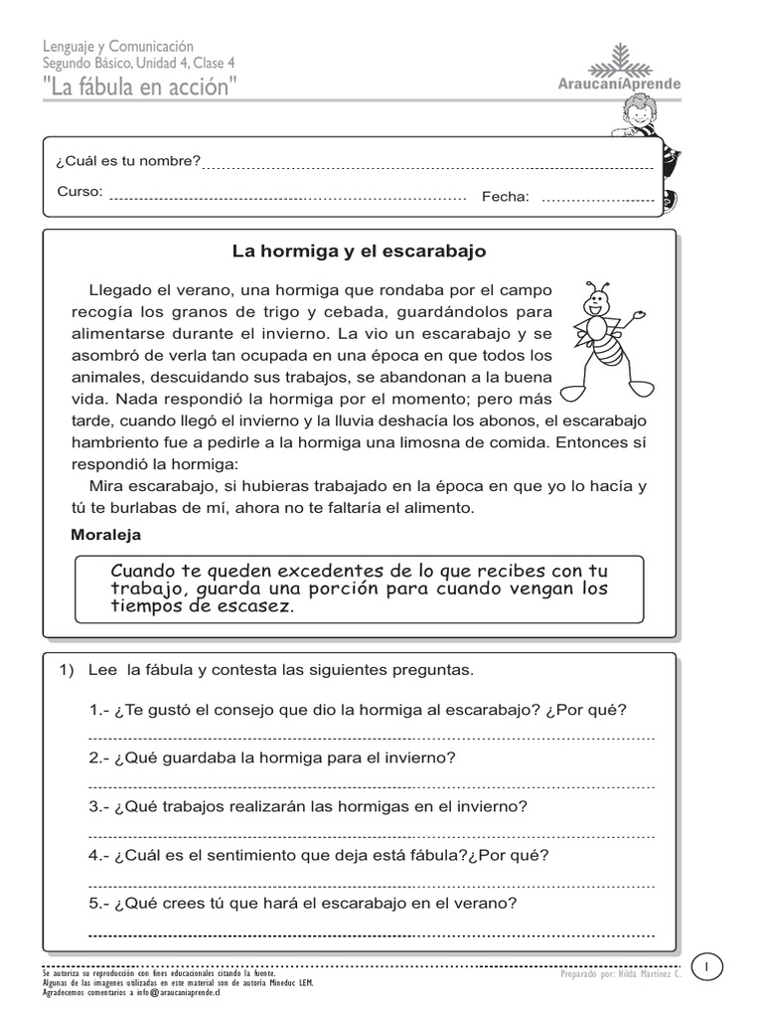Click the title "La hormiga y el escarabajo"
click(x=359, y=252)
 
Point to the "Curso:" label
click(x=79, y=192)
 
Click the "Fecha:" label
click(x=506, y=197)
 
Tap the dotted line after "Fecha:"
click(x=592, y=200)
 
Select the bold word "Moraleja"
click(x=106, y=535)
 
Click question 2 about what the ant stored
click(x=272, y=758)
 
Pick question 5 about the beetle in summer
click(x=303, y=904)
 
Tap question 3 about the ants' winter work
click(x=308, y=806)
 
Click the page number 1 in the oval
click(x=707, y=966)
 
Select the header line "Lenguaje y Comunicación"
click(x=118, y=47)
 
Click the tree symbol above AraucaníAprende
click(x=621, y=60)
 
